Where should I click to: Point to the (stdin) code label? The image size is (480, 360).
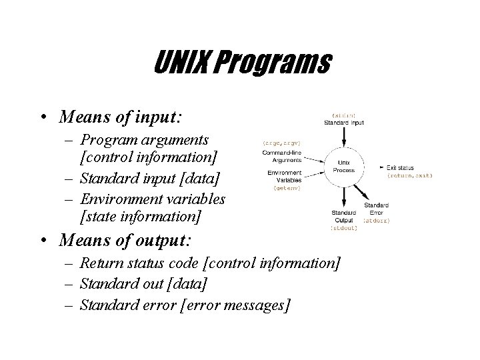pyautogui.click(x=343, y=114)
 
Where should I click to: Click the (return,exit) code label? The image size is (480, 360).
pyautogui.click(x=409, y=175)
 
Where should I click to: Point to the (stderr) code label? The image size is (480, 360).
pyautogui.click(x=377, y=219)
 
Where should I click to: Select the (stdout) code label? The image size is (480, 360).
pyautogui.click(x=344, y=228)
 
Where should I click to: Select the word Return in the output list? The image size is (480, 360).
pyautogui.click(x=101, y=265)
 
